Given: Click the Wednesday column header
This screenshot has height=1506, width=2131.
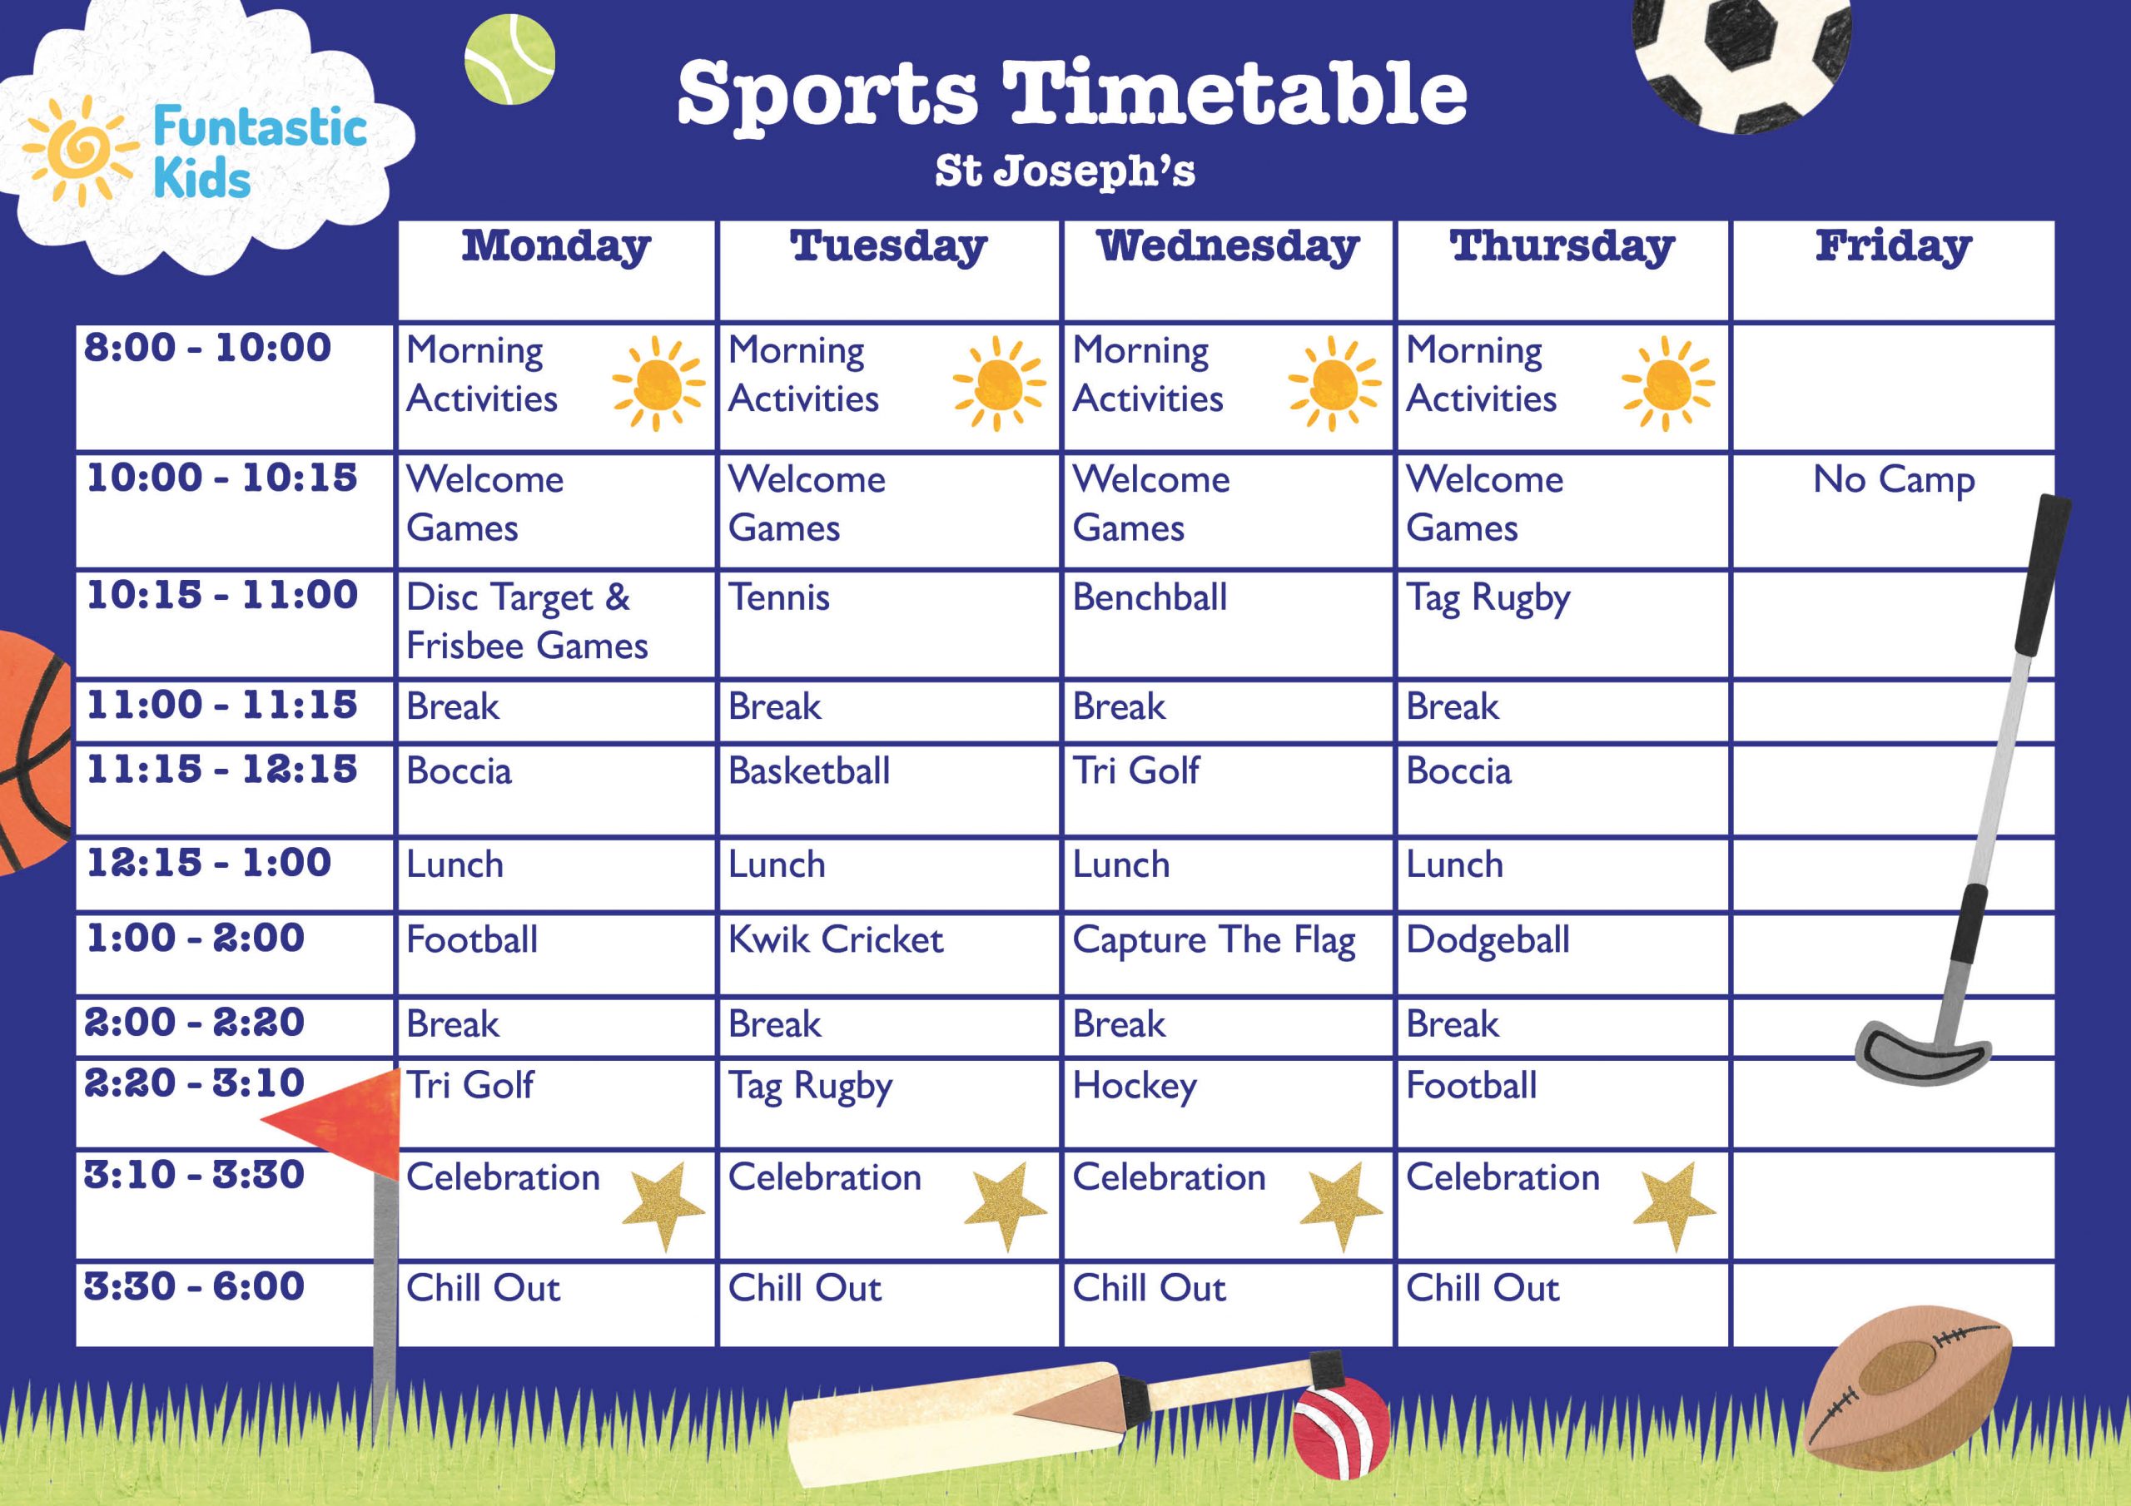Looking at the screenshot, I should pos(1227,247).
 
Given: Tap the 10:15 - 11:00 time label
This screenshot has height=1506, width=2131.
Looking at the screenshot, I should pos(221,595).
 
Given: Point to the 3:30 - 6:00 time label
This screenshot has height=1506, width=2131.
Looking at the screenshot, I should pos(194,1286).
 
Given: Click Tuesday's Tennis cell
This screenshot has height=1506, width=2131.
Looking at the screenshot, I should pos(778,597).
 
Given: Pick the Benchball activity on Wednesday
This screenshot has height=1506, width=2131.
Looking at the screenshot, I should pos(1149,597).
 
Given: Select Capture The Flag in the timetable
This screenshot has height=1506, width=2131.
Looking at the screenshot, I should pos(1213,941).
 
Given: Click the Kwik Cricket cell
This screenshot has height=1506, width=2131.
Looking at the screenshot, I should pos(835,940).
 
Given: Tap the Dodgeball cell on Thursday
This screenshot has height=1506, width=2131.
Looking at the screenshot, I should pos(1487,941).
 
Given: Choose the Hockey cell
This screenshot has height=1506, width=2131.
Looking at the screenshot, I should pos(1135,1086).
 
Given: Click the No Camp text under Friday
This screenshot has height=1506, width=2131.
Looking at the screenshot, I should pos(1894,481).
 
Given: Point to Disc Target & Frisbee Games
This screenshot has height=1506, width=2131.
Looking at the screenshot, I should pos(526,621).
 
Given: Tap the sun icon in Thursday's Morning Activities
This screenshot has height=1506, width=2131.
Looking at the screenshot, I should pos(1668,384).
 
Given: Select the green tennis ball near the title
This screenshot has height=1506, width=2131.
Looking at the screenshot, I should pos(509,58).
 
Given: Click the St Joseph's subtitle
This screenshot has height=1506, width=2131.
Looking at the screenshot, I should pos(1065,171).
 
